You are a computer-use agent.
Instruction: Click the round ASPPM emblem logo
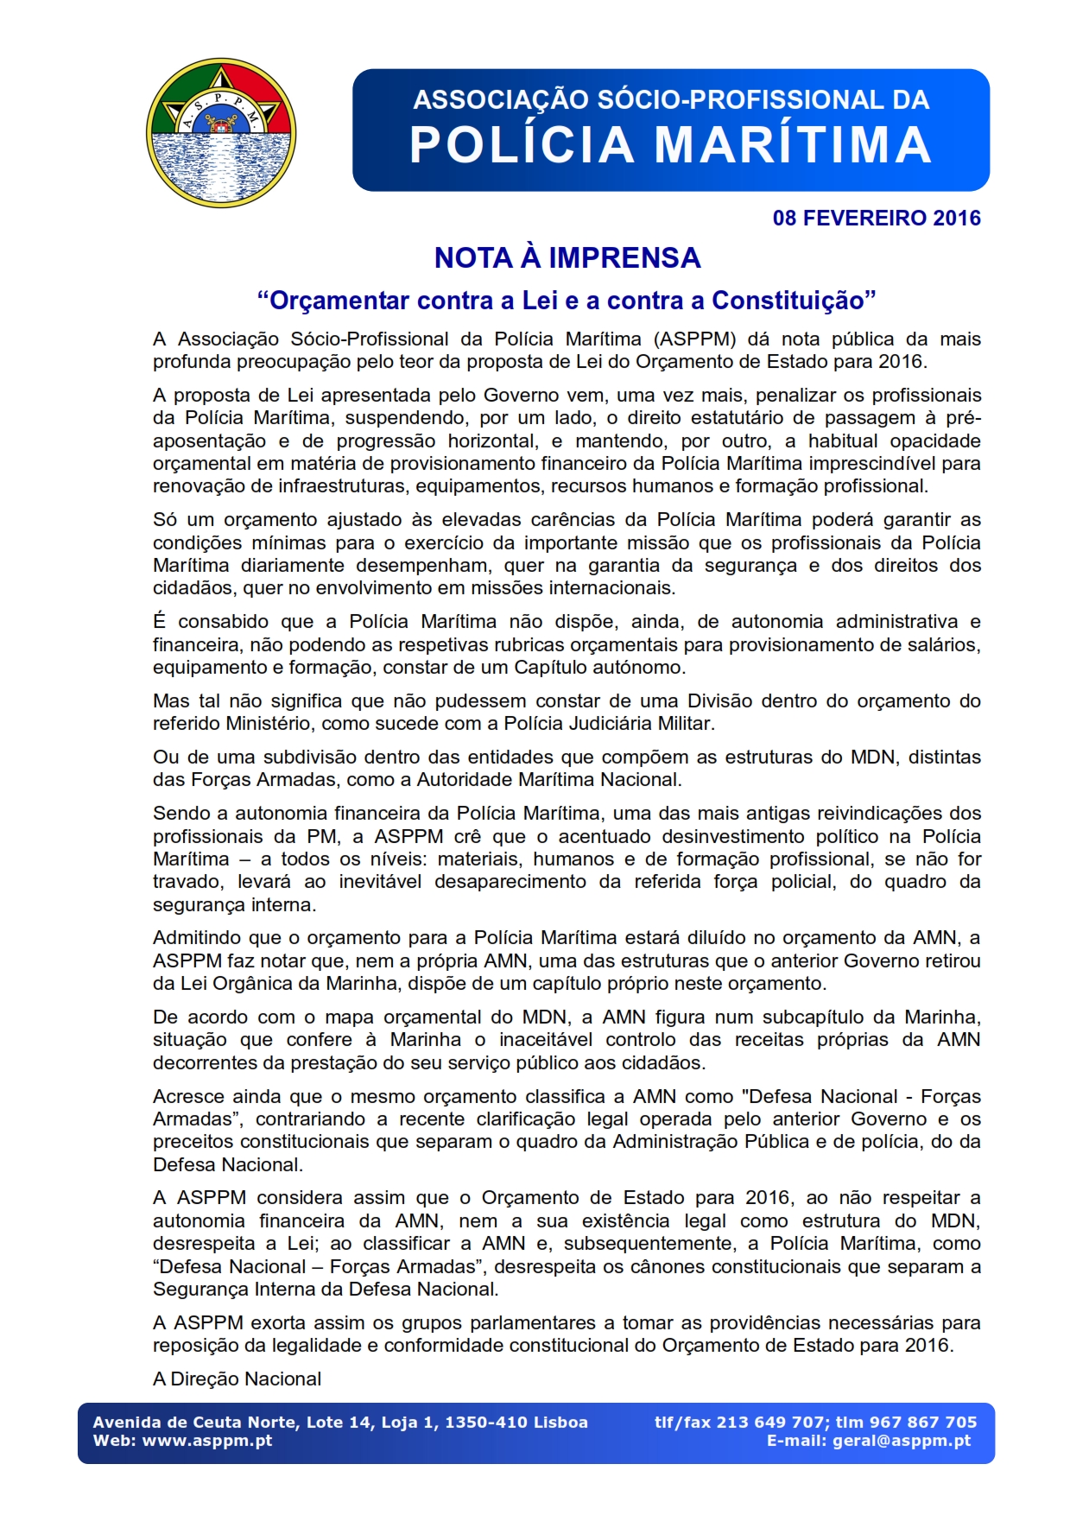coord(221,132)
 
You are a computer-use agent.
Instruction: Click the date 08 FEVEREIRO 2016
coord(876,218)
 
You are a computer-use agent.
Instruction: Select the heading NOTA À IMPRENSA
coord(567,257)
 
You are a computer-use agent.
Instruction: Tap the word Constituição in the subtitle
coord(787,301)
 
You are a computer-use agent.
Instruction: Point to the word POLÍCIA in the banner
coord(522,145)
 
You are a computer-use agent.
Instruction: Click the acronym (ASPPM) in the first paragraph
coord(694,339)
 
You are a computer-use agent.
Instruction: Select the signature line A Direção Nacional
coord(237,1379)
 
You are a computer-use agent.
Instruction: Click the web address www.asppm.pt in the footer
coord(207,1441)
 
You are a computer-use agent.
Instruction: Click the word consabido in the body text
coord(229,622)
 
